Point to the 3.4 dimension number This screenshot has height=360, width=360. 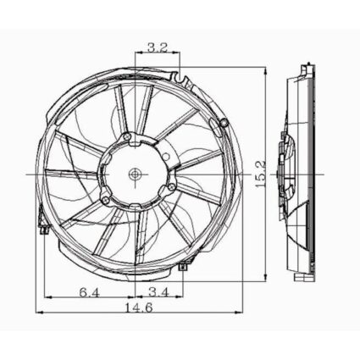click(158, 294)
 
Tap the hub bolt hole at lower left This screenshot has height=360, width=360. click(104, 200)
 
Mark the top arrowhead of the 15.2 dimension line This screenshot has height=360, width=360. click(269, 65)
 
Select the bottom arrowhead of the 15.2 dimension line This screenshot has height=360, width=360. click(269, 280)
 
